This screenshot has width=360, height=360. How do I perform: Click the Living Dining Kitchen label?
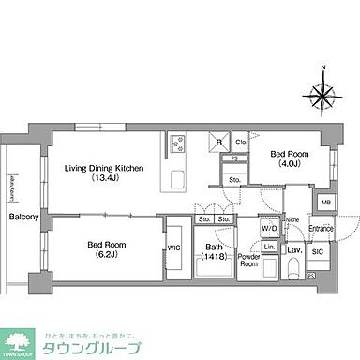coord(103,168)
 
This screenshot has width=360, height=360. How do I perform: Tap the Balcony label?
coord(23,217)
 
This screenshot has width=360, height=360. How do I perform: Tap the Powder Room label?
coord(248,260)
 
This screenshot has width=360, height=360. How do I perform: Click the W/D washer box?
coord(269,228)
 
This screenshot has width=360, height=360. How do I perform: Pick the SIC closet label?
coord(317,251)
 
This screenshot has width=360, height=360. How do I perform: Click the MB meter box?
coord(325,202)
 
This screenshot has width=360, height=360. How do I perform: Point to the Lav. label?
coord(293,250)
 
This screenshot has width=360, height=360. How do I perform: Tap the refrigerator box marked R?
coord(218,142)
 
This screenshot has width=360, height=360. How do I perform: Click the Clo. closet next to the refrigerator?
coord(241,142)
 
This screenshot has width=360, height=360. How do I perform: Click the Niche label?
coord(292,220)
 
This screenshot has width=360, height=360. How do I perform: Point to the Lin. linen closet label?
coord(269,247)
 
